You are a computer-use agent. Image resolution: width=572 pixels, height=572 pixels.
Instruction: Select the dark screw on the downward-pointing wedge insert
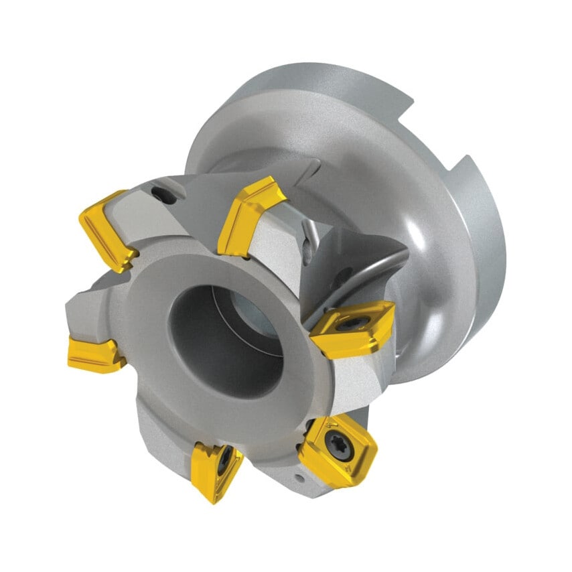[x=226, y=457]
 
